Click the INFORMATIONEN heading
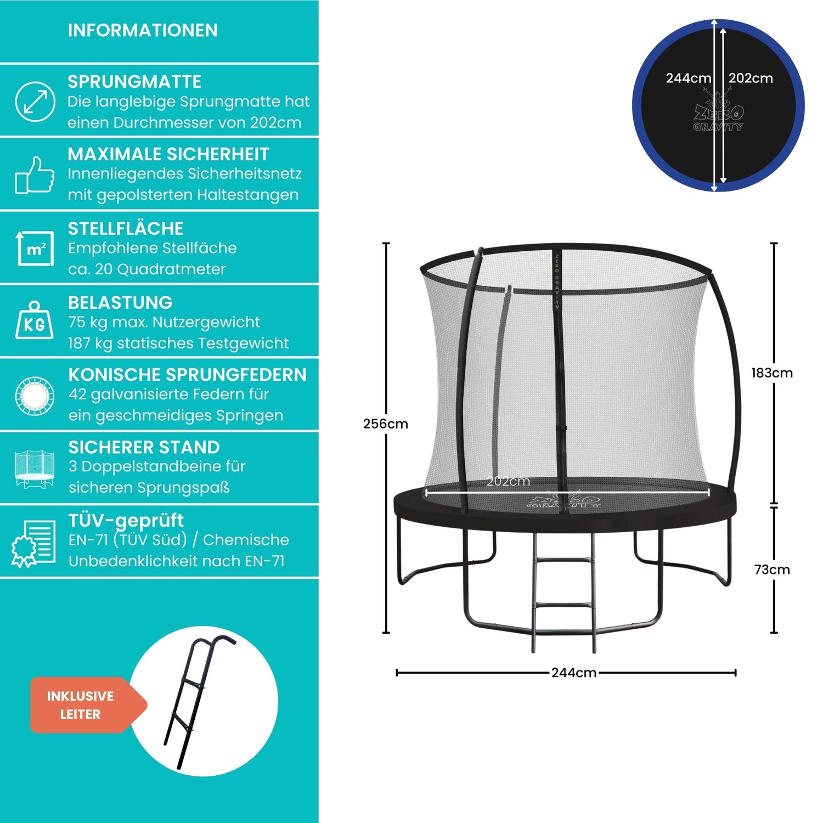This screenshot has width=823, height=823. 143,30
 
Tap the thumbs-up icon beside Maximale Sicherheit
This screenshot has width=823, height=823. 35,175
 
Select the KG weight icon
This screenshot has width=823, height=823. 35,321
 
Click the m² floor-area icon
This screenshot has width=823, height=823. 36,249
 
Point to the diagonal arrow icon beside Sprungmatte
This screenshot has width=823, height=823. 35,101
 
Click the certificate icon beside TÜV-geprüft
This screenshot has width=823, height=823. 34,543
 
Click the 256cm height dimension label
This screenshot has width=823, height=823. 385,424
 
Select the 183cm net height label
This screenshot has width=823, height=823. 772,373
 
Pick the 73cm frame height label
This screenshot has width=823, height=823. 772,570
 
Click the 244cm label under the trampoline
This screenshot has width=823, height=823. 574,673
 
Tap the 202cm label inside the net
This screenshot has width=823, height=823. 509,481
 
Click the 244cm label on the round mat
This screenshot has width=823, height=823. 688,78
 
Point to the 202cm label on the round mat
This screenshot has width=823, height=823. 751,78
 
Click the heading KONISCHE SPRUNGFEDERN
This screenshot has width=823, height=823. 187,375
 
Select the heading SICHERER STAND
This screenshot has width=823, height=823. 144,447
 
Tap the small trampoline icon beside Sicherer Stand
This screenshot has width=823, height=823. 35,469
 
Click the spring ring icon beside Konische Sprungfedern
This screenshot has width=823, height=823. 35,396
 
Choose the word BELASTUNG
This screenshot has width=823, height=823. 120,302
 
